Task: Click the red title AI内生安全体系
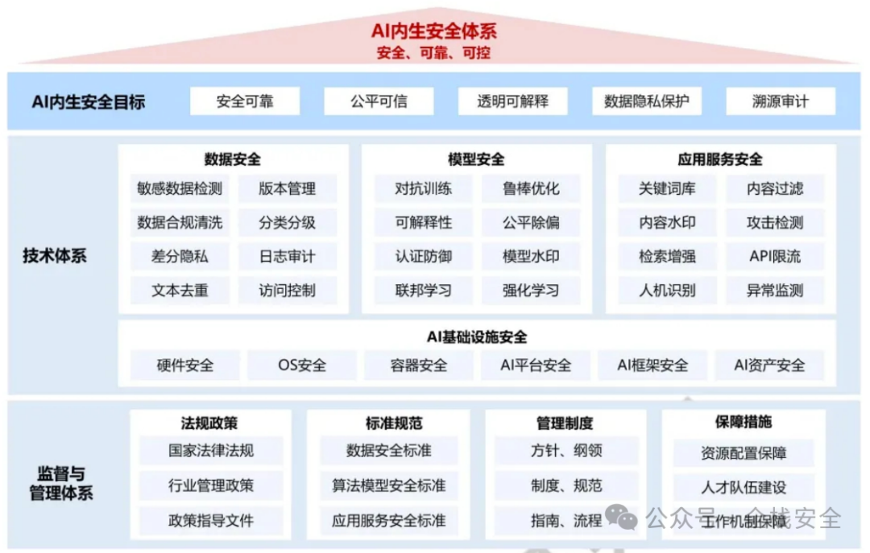point(434,31)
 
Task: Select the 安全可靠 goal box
point(245,101)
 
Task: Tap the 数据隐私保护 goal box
point(647,101)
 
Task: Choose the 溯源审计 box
point(781,101)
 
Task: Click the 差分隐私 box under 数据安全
point(180,257)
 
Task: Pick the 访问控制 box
point(288,291)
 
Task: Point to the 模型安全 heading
point(476,159)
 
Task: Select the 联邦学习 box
point(424,291)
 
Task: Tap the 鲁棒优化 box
point(531,189)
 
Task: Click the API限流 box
point(775,257)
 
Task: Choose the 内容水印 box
point(667,223)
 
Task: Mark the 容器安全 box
point(418,365)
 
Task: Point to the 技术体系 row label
point(55,257)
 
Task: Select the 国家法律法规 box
point(211,451)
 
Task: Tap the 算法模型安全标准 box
point(389,485)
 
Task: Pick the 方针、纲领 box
point(567,451)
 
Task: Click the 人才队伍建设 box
point(744,487)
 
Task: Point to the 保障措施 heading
point(744,422)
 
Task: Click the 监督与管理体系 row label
point(61,483)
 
